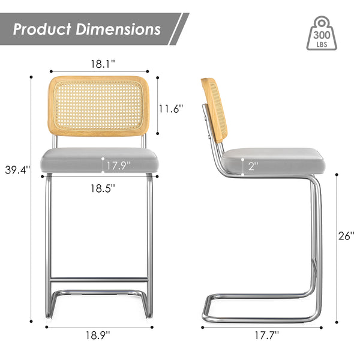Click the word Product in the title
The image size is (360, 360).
pyautogui.click(x=43, y=29)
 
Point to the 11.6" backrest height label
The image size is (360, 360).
pyautogui.click(x=170, y=109)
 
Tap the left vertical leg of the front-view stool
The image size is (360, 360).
pyautogui.click(x=48, y=240)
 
